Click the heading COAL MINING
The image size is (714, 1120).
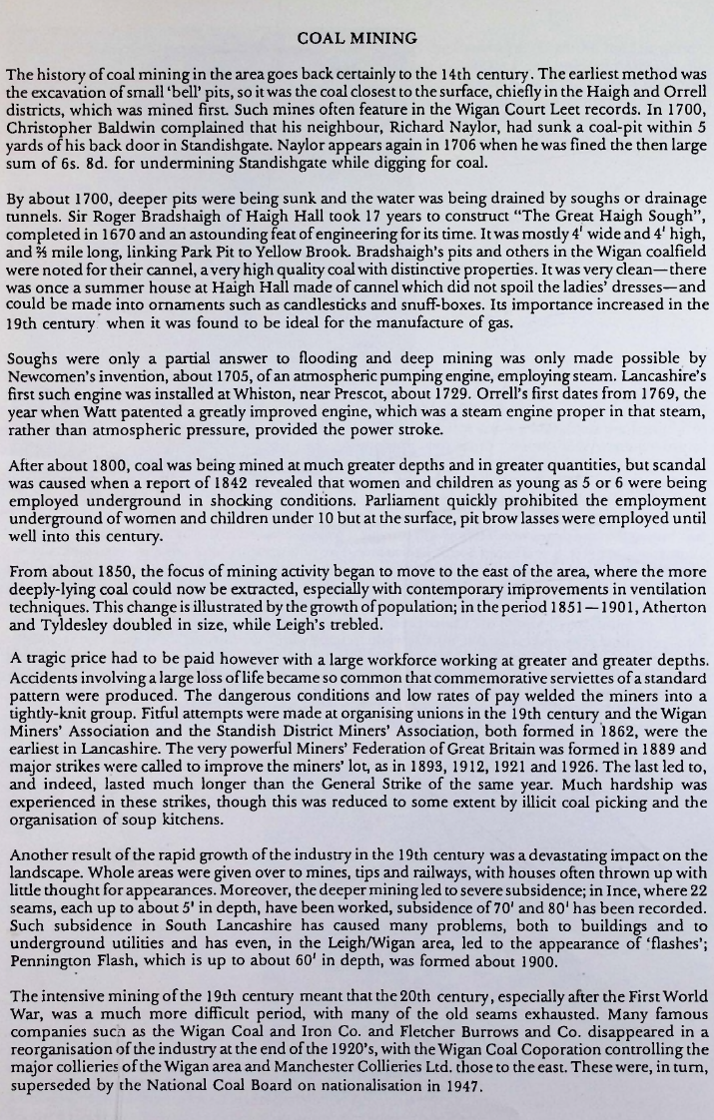point(357,39)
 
